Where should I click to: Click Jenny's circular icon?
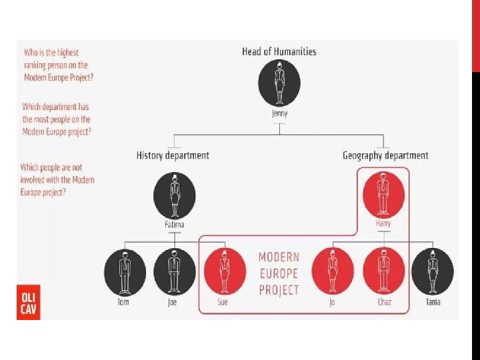pyautogui.click(x=279, y=83)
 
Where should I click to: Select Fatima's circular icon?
pyautogui.click(x=174, y=195)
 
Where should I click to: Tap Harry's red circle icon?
pyautogui.click(x=383, y=194)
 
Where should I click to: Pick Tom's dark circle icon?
pyautogui.click(x=125, y=271)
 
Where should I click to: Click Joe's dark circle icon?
pyautogui.click(x=174, y=271)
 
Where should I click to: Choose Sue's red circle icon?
pyautogui.click(x=223, y=271)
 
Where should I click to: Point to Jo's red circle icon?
pyautogui.click(x=333, y=271)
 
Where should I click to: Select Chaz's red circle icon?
pyautogui.click(x=383, y=271)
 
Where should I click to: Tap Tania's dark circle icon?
pyautogui.click(x=433, y=271)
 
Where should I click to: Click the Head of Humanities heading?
pyautogui.click(x=279, y=51)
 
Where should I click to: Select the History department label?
pyautogui.click(x=173, y=155)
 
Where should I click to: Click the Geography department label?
pyautogui.click(x=385, y=155)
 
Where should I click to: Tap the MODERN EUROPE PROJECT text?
pyautogui.click(x=279, y=273)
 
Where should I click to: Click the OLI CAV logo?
pyautogui.click(x=28, y=302)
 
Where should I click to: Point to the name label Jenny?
pyautogui.click(x=279, y=113)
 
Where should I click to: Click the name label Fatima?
pyautogui.click(x=174, y=225)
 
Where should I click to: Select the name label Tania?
pyautogui.click(x=433, y=302)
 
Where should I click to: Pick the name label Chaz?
pyautogui.click(x=383, y=302)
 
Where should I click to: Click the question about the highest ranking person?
pyautogui.click(x=59, y=65)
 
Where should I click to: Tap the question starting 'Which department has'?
pyautogui.click(x=57, y=119)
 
